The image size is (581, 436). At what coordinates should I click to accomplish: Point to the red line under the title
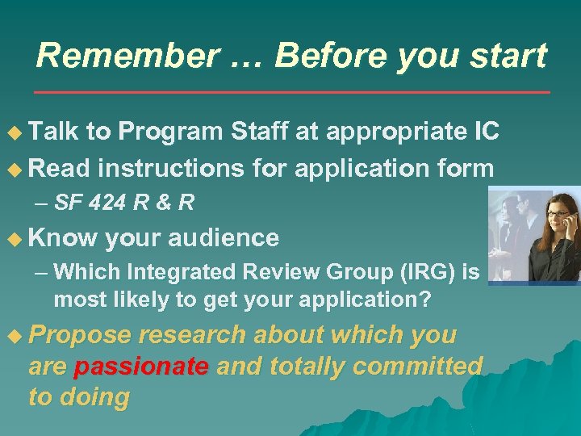click(x=290, y=93)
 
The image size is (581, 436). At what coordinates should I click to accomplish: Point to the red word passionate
click(x=140, y=367)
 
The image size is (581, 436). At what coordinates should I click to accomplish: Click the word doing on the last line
click(x=100, y=397)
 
